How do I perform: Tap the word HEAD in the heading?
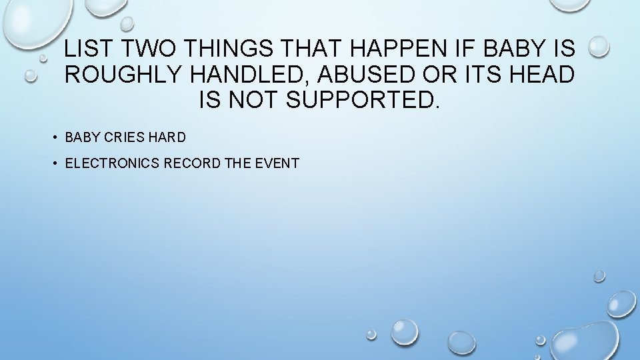coord(538,75)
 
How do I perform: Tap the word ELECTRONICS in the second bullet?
coord(113,163)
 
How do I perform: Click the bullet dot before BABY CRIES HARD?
coord(52,138)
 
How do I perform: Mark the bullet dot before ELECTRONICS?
coord(52,163)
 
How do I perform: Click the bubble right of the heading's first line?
coord(599,46)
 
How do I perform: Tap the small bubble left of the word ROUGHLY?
coord(30,76)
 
